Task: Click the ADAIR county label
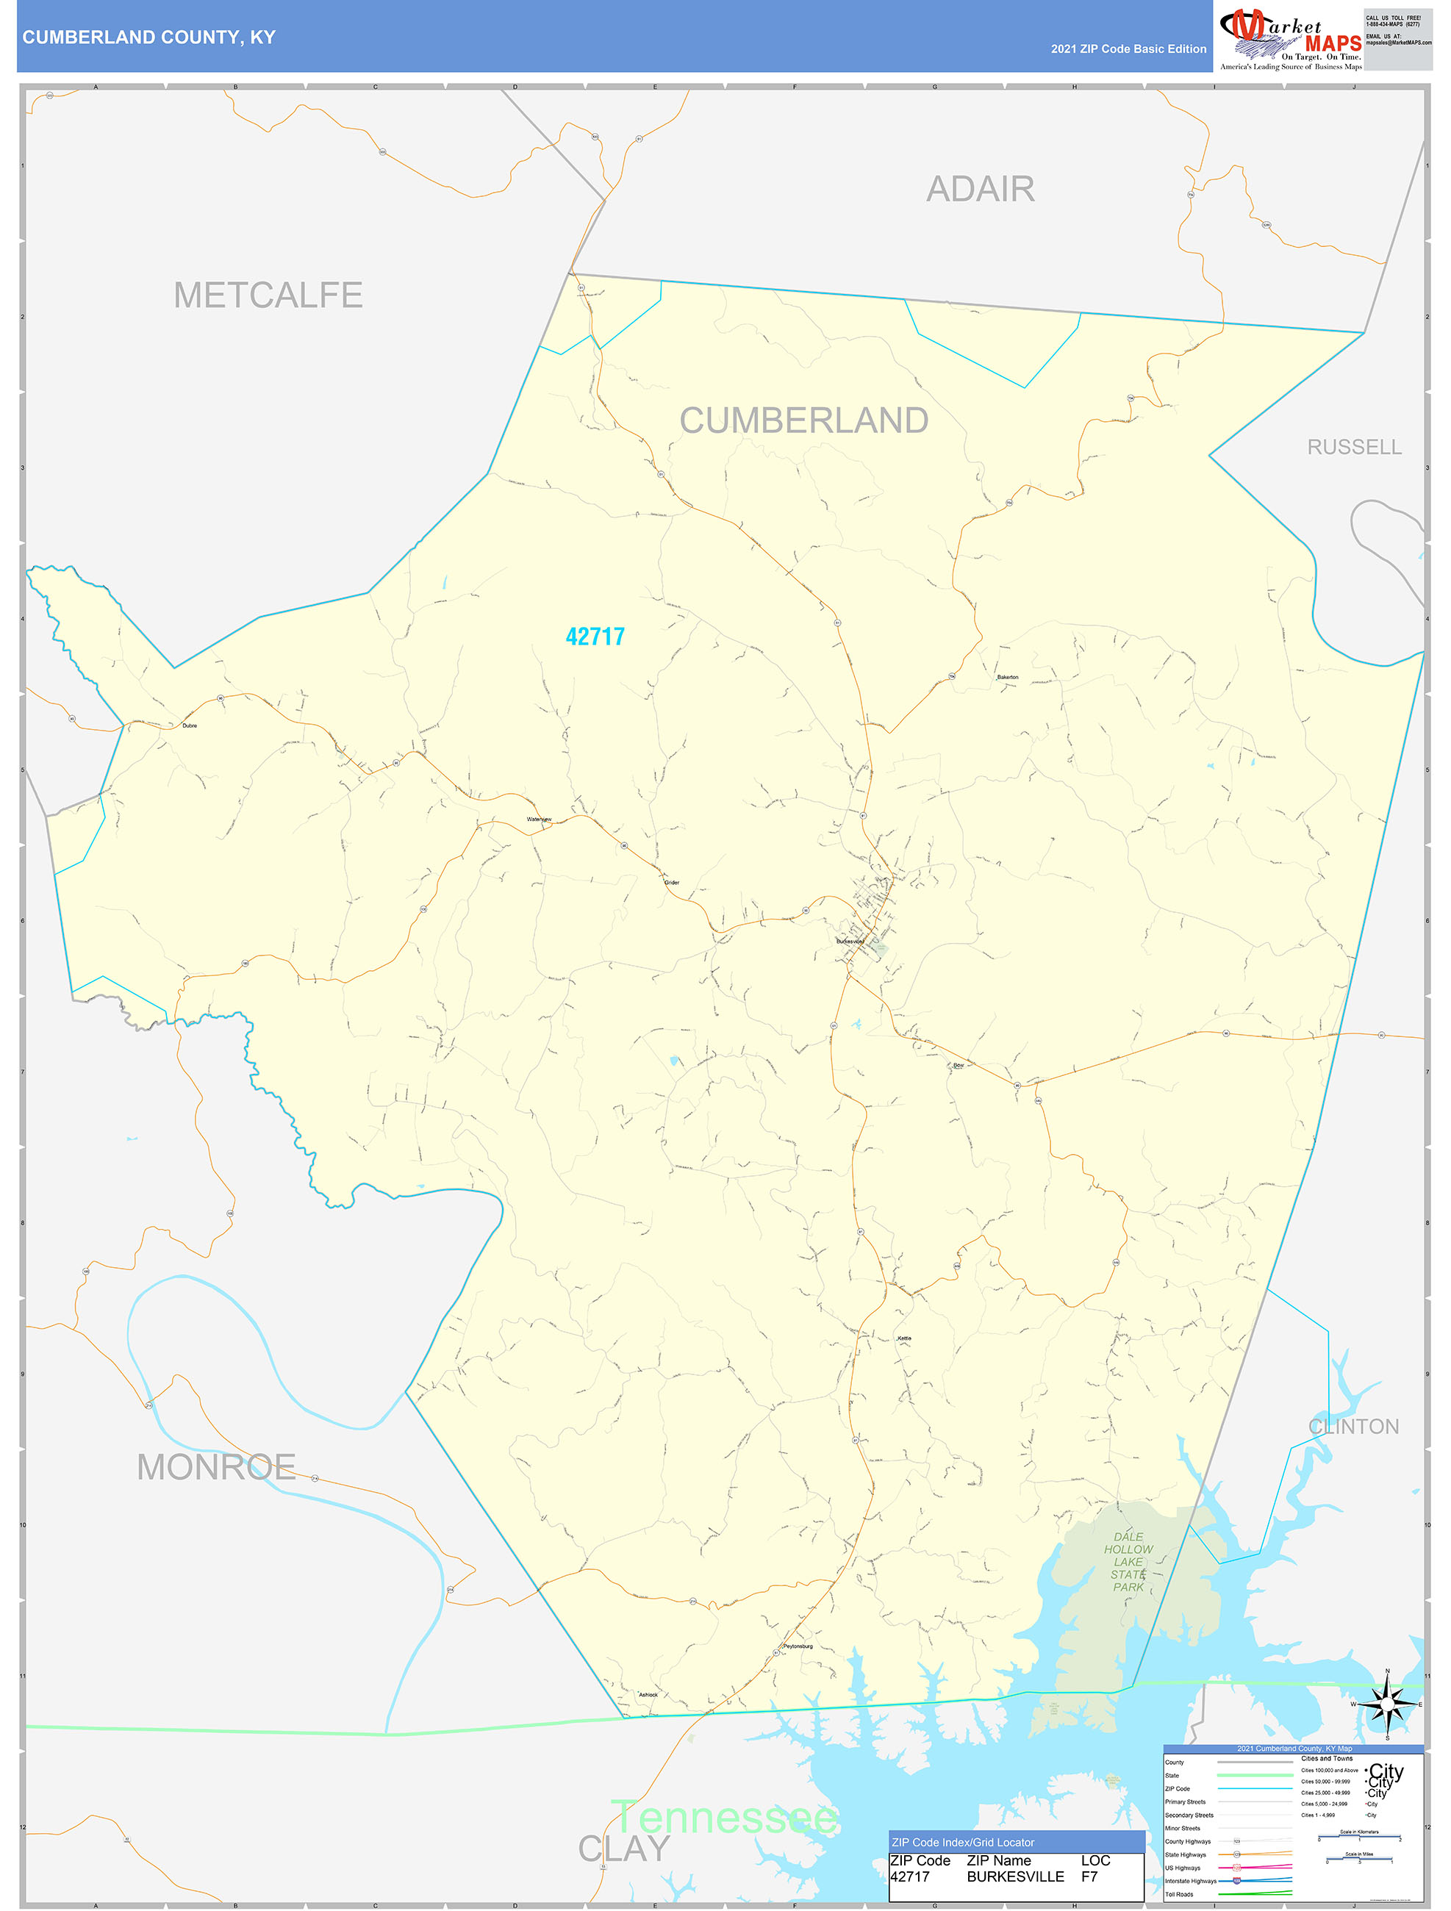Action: click(x=980, y=189)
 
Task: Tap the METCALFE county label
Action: click(x=268, y=295)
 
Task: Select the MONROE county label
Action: click(x=216, y=1467)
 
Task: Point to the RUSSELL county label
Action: click(x=1353, y=447)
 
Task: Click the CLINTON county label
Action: click(x=1353, y=1427)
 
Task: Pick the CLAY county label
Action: click(x=623, y=1849)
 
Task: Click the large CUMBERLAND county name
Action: click(x=803, y=420)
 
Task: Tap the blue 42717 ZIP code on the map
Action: click(x=595, y=637)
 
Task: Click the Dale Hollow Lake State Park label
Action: click(x=1128, y=1561)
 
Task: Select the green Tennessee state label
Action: click(x=723, y=1817)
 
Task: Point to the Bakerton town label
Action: click(x=1007, y=678)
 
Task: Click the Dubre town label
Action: click(x=189, y=725)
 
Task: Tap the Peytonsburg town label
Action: click(x=797, y=1646)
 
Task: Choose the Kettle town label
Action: click(x=904, y=1338)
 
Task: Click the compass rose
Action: click(x=1387, y=1704)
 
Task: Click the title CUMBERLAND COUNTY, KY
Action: click(x=148, y=37)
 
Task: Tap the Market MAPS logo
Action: click(x=1290, y=37)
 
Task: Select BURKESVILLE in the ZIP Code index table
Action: click(x=1014, y=1877)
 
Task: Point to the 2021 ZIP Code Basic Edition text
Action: click(x=1128, y=49)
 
